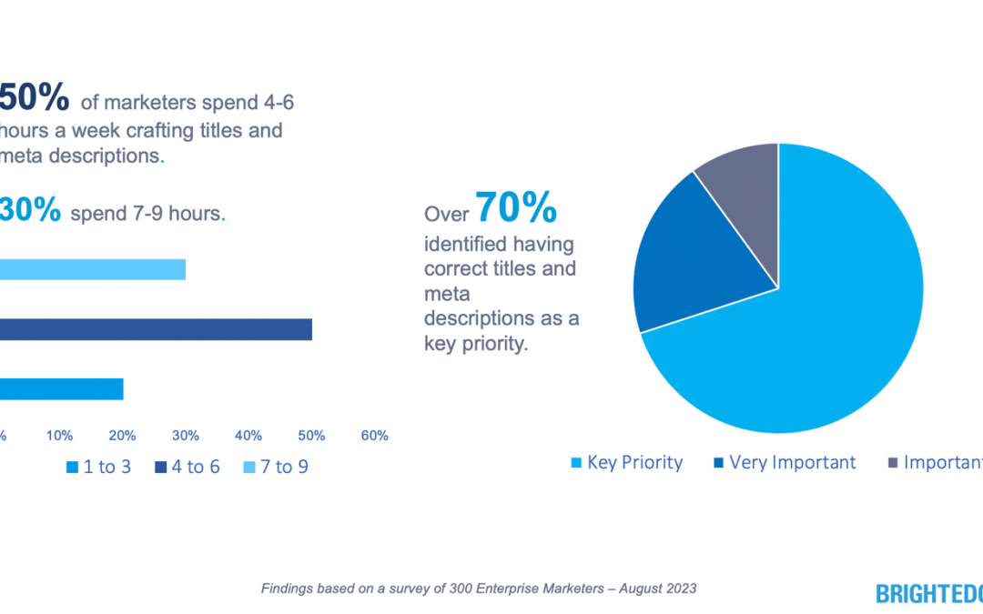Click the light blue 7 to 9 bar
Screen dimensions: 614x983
tap(91, 269)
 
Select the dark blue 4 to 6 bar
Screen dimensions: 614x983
tap(155, 329)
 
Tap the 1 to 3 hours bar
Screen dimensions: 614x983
tap(60, 389)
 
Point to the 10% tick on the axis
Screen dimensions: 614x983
tap(60, 436)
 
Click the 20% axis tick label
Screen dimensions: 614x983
tap(123, 436)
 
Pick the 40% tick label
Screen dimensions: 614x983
tap(248, 436)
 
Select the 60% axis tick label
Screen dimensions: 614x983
tap(374, 436)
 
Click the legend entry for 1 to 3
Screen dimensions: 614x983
tap(98, 468)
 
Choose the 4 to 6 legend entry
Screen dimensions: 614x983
tap(187, 468)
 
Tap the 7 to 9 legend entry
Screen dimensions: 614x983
tap(277, 468)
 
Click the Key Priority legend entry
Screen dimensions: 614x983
tap(626, 463)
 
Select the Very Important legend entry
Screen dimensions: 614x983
tap(784, 463)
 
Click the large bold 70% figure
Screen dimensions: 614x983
tap(515, 208)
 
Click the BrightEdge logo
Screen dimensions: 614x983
tap(928, 594)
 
